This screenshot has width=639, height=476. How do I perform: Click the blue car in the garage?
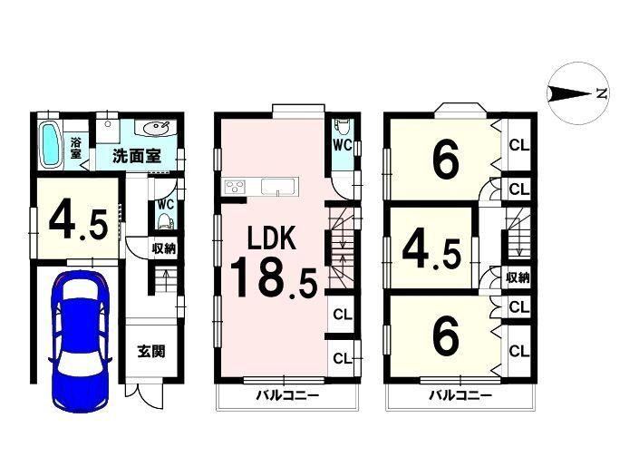[81, 342]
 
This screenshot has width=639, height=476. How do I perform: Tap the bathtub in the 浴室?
[50, 145]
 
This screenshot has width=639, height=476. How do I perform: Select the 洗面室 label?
[136, 156]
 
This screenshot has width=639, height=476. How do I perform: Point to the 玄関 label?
[151, 351]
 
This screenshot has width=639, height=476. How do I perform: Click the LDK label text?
[272, 238]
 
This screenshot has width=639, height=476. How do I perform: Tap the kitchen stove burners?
[235, 188]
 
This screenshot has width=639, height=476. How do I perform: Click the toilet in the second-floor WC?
[341, 126]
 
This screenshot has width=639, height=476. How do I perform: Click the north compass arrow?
[570, 94]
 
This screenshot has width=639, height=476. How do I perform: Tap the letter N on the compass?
[602, 94]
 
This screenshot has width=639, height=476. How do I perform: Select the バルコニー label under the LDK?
[287, 395]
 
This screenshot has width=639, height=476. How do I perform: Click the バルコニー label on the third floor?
[460, 395]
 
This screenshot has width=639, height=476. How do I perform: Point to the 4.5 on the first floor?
[79, 224]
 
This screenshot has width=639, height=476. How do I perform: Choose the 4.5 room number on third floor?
[431, 254]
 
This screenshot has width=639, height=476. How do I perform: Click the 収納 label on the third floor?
[518, 277]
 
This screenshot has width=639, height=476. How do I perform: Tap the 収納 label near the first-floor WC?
[164, 248]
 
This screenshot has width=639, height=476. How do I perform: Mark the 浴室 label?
[76, 148]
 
